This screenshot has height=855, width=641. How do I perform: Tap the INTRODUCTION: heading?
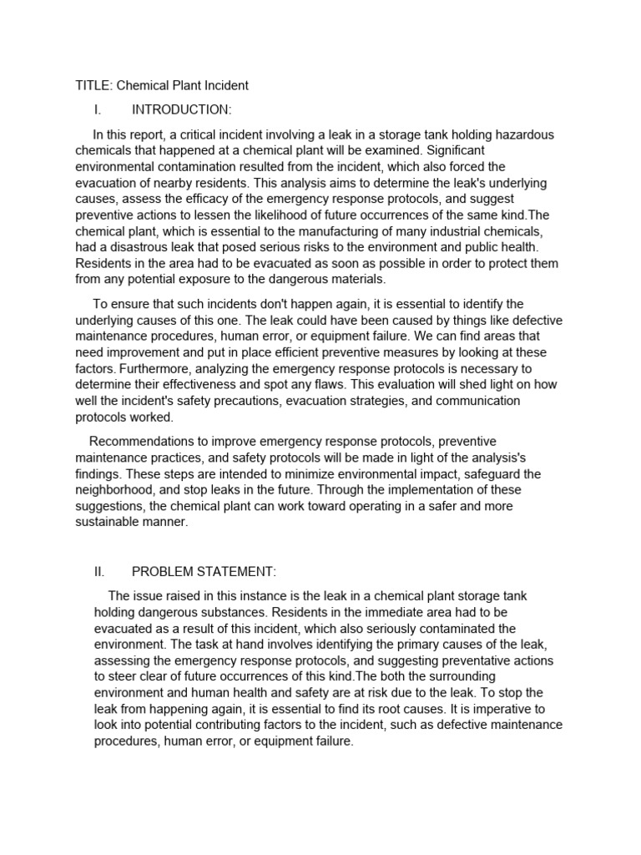pyautogui.click(x=181, y=110)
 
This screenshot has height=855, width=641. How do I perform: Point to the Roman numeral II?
pyautogui.click(x=99, y=572)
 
